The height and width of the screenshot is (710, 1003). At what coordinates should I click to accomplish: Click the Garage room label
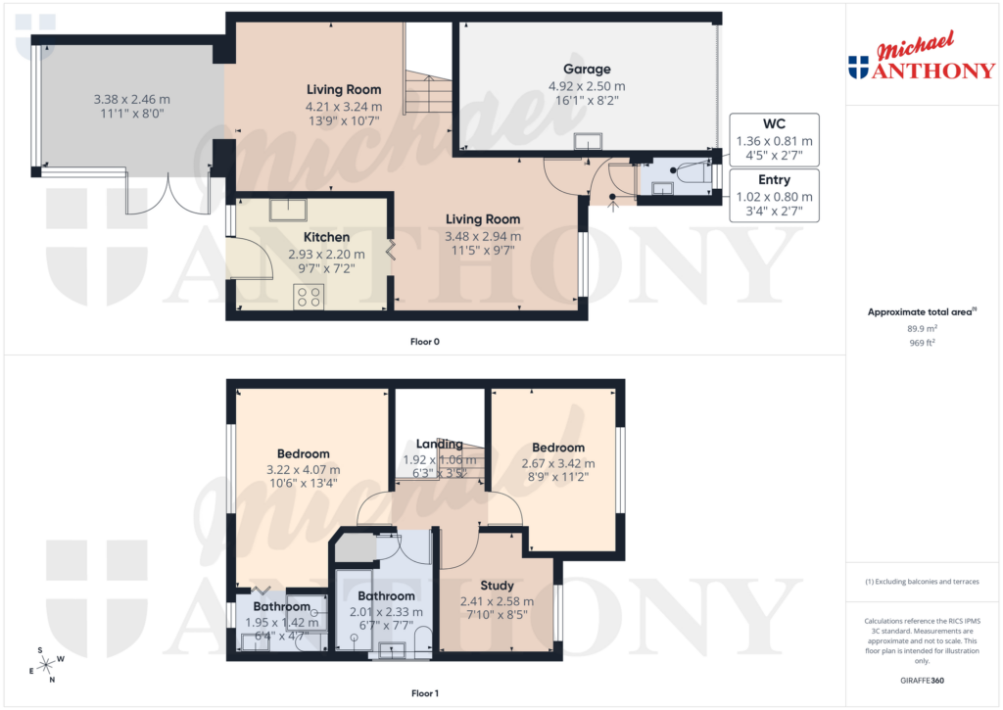click(587, 69)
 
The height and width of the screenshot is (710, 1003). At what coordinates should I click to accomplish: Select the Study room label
click(497, 586)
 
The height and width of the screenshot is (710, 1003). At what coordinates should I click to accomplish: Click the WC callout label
click(774, 123)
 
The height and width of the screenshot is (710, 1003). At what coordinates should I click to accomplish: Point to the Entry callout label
click(774, 180)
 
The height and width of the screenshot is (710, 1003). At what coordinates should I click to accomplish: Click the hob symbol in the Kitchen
click(310, 295)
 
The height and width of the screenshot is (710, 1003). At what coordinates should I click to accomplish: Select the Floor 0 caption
click(425, 342)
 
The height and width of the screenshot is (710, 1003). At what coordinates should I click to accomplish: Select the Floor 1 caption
click(425, 693)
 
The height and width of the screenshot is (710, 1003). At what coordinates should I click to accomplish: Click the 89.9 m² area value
click(922, 330)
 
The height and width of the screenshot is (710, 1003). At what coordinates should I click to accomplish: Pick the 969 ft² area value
click(922, 344)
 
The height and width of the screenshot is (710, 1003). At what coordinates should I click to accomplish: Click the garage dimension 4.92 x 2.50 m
click(587, 86)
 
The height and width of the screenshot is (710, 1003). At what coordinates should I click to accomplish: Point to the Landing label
click(440, 444)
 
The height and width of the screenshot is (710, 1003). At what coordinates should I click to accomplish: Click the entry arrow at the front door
click(613, 203)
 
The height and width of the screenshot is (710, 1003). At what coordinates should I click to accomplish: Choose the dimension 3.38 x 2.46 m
click(131, 99)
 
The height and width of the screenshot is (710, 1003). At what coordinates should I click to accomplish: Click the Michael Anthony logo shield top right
click(858, 68)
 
